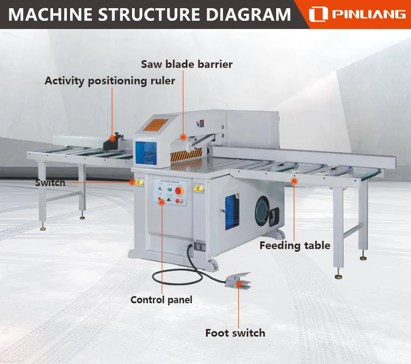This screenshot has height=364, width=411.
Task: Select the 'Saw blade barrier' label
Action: (x=187, y=64)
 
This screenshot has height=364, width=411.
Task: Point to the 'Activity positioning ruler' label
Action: (x=110, y=81)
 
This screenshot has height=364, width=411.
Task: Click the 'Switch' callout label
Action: (x=50, y=182)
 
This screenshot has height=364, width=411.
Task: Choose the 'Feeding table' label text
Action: (x=295, y=245)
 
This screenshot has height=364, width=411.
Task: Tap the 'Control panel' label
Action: (x=161, y=299)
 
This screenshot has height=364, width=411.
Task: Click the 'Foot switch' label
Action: (x=235, y=333)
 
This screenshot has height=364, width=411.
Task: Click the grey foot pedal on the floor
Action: (x=237, y=280)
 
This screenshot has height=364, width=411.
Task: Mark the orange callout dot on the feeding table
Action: (x=294, y=181)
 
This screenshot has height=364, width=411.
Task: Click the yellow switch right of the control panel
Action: (x=198, y=189)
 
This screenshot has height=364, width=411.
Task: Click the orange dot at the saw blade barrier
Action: (x=183, y=137)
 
